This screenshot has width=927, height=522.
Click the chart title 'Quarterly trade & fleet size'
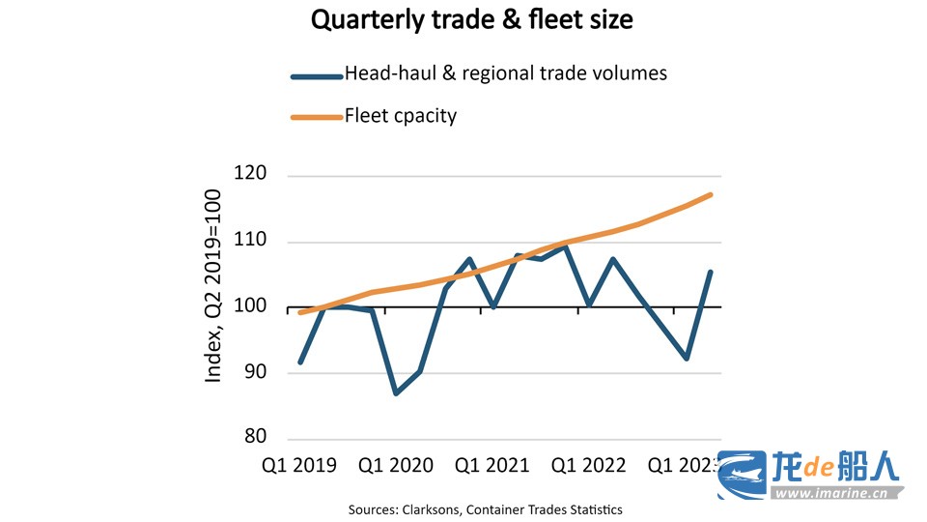471,20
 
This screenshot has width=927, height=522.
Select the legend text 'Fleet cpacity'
401,116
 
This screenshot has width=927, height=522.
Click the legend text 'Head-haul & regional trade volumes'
506,73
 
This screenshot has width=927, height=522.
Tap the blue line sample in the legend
317,75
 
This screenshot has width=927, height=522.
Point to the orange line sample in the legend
317,117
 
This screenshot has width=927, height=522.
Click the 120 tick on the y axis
250,175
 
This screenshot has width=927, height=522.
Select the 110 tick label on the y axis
250,242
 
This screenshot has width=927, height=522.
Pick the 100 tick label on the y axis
250,307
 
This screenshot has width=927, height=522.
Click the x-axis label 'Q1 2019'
299,466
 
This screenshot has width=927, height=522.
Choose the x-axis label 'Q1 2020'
396,466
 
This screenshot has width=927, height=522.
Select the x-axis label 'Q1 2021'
492,466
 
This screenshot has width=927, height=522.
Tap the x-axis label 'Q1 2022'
589,466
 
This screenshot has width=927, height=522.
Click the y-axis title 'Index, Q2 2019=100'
213,286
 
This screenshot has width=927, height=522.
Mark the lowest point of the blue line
397,393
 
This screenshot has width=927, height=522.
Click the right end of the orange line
712,194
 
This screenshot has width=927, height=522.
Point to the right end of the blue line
712,272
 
